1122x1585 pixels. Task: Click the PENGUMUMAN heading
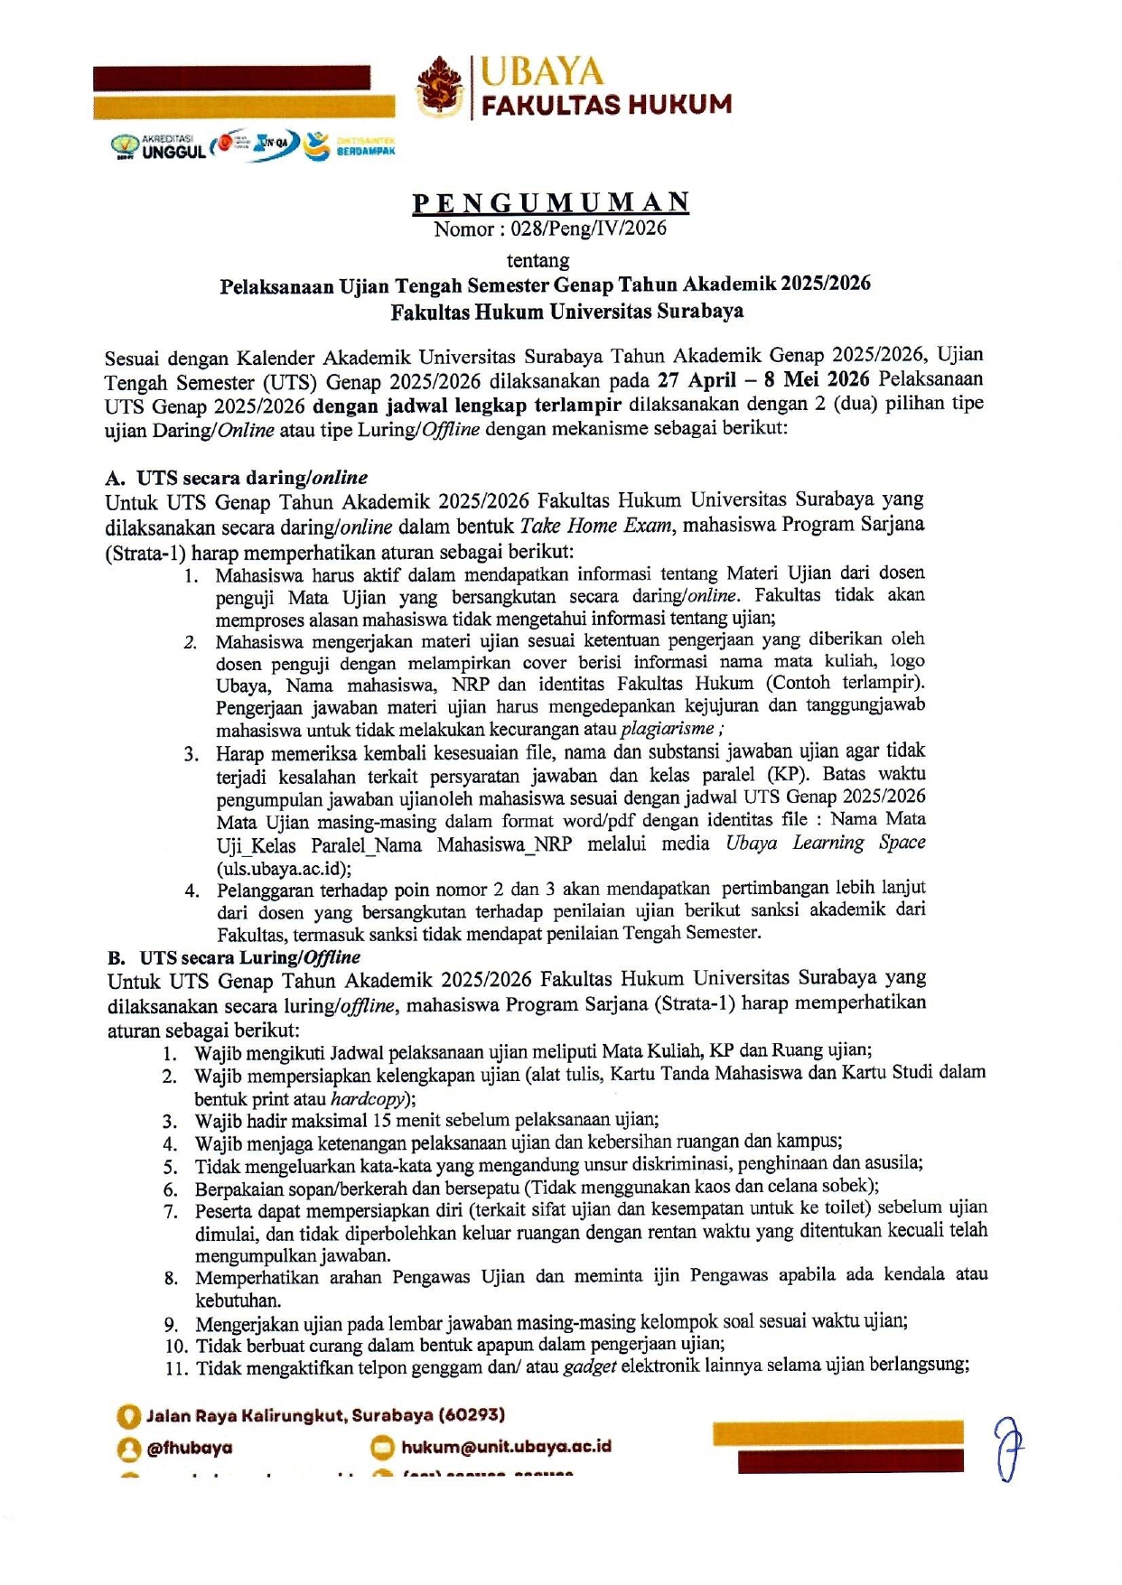(551, 202)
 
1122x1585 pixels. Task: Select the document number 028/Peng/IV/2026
(588, 228)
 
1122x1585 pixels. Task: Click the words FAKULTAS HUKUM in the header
(606, 105)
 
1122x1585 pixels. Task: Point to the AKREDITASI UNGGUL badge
(159, 146)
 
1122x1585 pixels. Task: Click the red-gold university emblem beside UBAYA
(440, 87)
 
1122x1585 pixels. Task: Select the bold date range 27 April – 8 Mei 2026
(763, 379)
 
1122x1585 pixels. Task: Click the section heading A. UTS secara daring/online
(237, 478)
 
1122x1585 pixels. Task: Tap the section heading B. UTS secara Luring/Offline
(234, 957)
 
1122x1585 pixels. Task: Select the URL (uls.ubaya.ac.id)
(284, 869)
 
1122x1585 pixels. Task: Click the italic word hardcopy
(368, 1099)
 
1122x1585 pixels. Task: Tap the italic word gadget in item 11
(590, 1366)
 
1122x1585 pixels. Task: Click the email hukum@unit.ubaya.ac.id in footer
(506, 1446)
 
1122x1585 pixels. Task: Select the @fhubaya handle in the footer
(189, 1448)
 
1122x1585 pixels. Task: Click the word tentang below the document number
(538, 261)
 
